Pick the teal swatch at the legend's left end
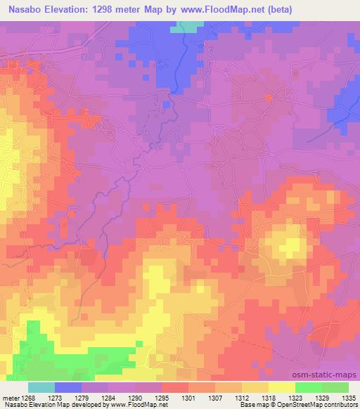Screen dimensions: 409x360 [41, 387]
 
